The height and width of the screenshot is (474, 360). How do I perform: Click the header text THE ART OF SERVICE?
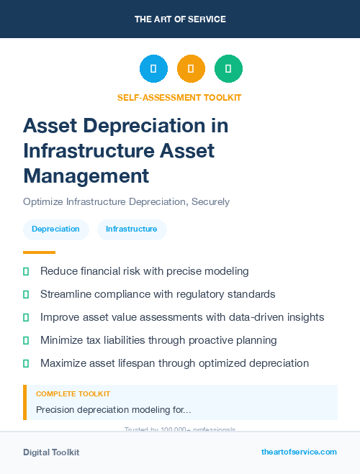[x=180, y=19]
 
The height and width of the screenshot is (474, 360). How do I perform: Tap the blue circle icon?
[x=153, y=69]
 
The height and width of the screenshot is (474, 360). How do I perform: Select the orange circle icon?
[x=191, y=69]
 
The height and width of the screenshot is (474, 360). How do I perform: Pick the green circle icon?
[x=228, y=69]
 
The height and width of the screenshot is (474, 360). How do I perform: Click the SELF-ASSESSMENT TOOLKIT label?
[x=179, y=97]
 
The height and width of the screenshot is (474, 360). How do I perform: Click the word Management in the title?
[x=86, y=175]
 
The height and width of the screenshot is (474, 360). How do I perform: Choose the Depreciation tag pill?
[x=55, y=229]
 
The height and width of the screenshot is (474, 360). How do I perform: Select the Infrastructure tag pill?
[x=131, y=229]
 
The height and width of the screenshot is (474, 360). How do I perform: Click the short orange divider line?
[x=39, y=252]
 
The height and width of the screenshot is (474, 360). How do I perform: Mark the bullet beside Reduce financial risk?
[x=26, y=272]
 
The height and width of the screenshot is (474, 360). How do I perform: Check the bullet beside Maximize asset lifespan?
[x=26, y=363]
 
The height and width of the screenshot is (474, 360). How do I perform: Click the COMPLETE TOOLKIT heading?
[x=73, y=394]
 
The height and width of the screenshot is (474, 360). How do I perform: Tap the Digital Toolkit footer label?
[x=51, y=452]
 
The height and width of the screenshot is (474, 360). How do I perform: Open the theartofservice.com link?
[x=299, y=452]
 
